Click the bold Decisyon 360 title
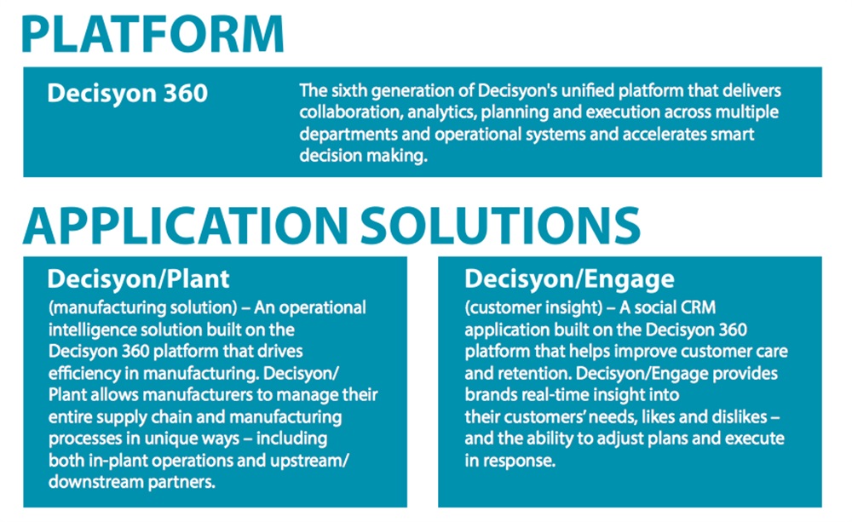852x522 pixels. pyautogui.click(x=128, y=93)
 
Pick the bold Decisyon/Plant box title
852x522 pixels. pyautogui.click(x=138, y=278)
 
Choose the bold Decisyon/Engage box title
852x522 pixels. pyautogui.click(x=569, y=278)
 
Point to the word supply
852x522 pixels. pyautogui.click(x=118, y=417)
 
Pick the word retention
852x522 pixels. pyautogui.click(x=530, y=373)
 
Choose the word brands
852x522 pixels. pyautogui.click(x=491, y=395)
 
